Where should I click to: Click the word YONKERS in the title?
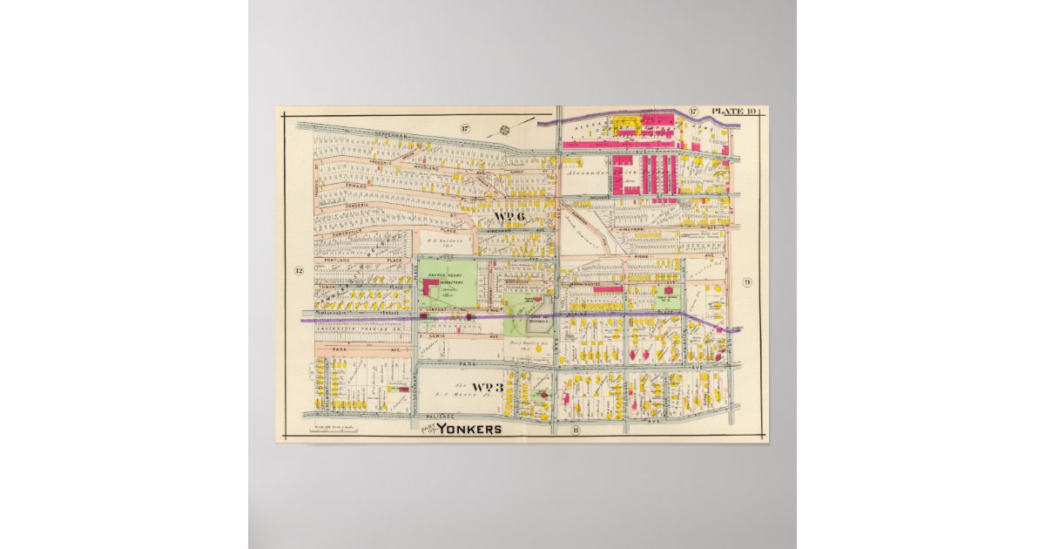[x=469, y=429]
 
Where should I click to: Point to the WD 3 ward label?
[x=489, y=387]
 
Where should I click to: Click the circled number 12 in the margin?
[x=298, y=270]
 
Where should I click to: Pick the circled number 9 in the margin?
[x=746, y=281]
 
